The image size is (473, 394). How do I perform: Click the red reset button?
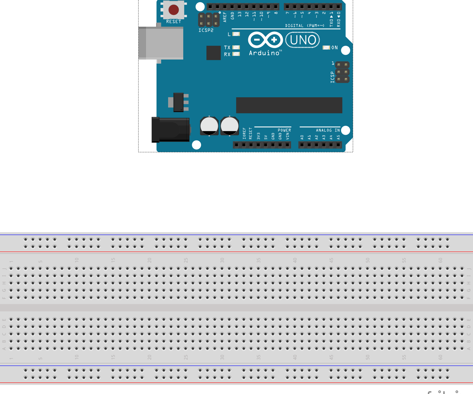point(173,10)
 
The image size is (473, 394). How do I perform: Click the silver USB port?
point(161,43)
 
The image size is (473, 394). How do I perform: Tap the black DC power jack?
point(171,130)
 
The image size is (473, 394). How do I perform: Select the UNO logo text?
point(303,40)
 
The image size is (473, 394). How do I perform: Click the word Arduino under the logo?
point(264,53)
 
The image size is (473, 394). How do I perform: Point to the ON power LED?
point(326,47)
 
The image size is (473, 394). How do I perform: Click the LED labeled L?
point(236,34)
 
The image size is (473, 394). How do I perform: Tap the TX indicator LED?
point(236,47)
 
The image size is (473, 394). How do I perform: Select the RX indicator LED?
point(236,54)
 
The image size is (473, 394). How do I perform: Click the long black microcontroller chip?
point(289,105)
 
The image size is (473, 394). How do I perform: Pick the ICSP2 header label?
point(206,30)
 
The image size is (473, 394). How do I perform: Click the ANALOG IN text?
point(328,130)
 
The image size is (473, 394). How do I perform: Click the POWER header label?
point(284,130)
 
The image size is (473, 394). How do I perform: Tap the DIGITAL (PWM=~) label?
point(305,26)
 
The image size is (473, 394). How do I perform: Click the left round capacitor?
point(209,126)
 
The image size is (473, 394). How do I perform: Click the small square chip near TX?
point(213,53)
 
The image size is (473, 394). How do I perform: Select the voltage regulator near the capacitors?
point(178,102)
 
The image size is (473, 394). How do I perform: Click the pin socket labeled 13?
point(239,6)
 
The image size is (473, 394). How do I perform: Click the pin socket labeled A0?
point(302,145)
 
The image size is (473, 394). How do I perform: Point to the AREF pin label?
point(225,17)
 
